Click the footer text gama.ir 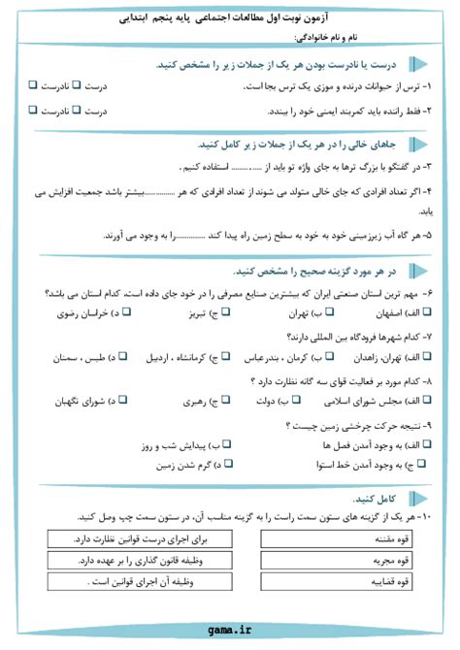(230, 629)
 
